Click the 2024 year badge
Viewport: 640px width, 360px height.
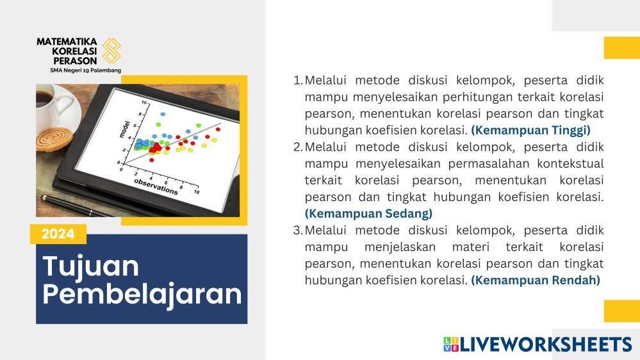pos(58,234)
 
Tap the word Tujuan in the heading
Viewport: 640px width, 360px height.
pos(90,267)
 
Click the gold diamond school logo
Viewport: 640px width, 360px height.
pos(111,51)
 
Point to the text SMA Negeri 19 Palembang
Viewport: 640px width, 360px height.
pos(86,70)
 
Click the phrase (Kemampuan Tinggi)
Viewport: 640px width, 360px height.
pos(530,130)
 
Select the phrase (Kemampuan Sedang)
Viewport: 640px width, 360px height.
pos(368,213)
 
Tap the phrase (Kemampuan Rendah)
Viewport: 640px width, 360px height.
pos(536,281)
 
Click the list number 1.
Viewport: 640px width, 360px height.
pos(297,80)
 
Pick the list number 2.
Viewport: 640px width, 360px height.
pos(297,147)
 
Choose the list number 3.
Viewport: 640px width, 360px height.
pos(297,230)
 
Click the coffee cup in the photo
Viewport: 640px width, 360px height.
pos(54,106)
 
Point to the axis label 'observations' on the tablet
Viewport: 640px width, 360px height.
pos(156,186)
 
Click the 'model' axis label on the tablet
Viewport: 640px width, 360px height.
pos(124,129)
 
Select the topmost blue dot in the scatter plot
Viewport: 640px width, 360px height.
pos(163,114)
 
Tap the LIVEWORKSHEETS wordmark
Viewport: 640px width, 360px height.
pos(538,345)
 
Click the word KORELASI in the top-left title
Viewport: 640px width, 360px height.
pos(74,51)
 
